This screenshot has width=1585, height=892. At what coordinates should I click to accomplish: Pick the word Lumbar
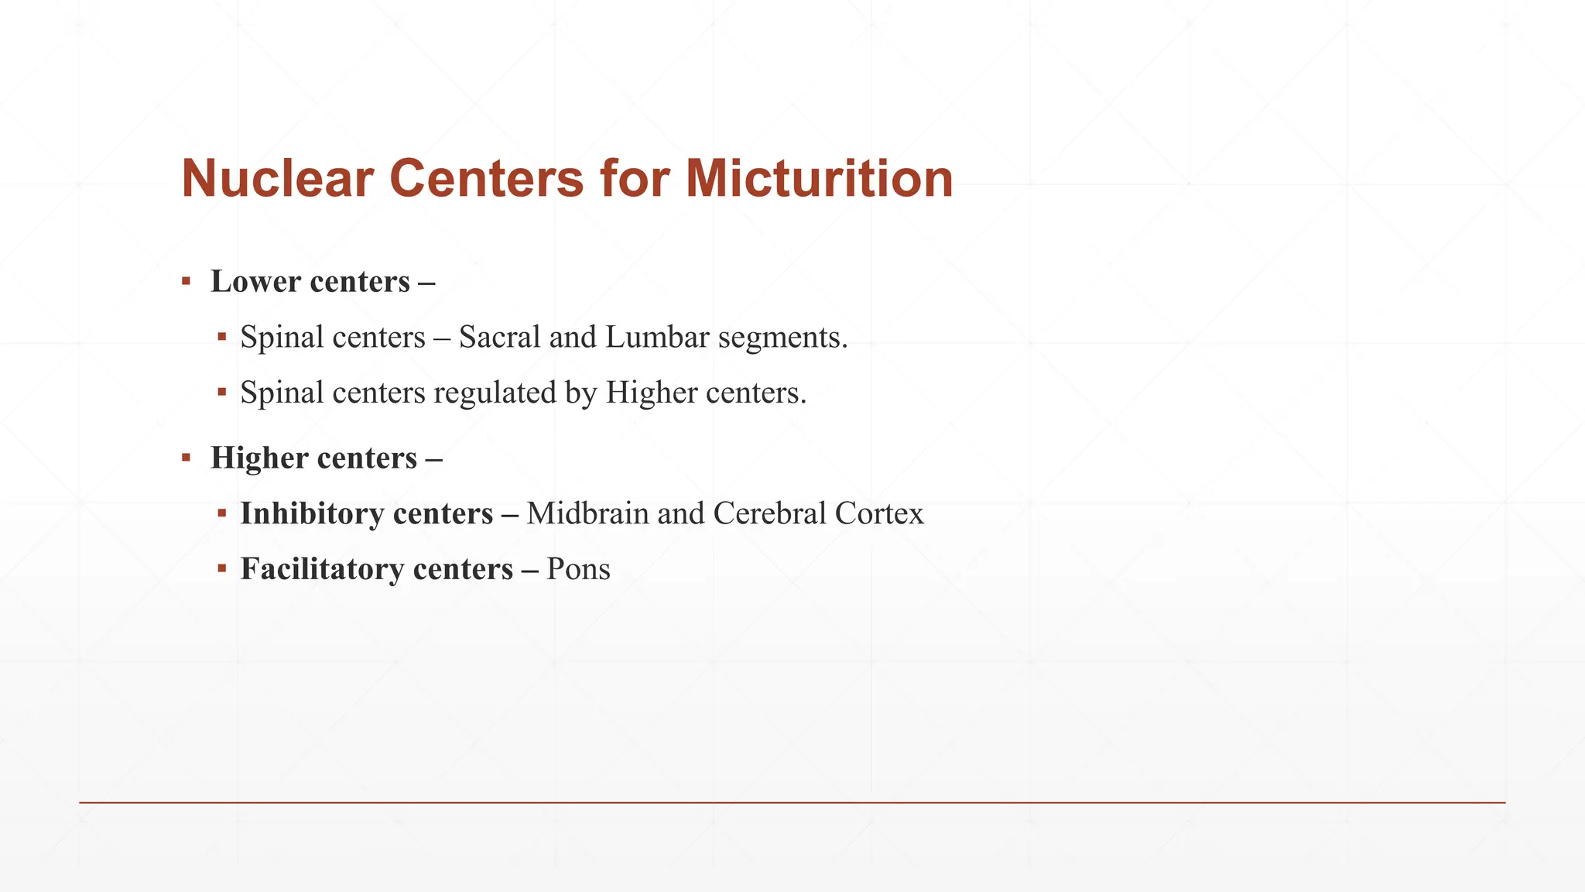(x=657, y=338)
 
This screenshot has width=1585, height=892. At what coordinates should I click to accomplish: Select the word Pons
(x=578, y=570)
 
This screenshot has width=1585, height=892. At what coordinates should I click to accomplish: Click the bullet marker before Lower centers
(x=186, y=280)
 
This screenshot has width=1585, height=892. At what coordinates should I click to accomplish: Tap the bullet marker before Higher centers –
(x=186, y=457)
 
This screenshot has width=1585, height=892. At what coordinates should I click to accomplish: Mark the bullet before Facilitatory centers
(x=222, y=568)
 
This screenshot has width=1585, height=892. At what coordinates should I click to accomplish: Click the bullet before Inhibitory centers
(x=222, y=513)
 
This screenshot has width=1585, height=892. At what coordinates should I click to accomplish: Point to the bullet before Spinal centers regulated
(x=222, y=392)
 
